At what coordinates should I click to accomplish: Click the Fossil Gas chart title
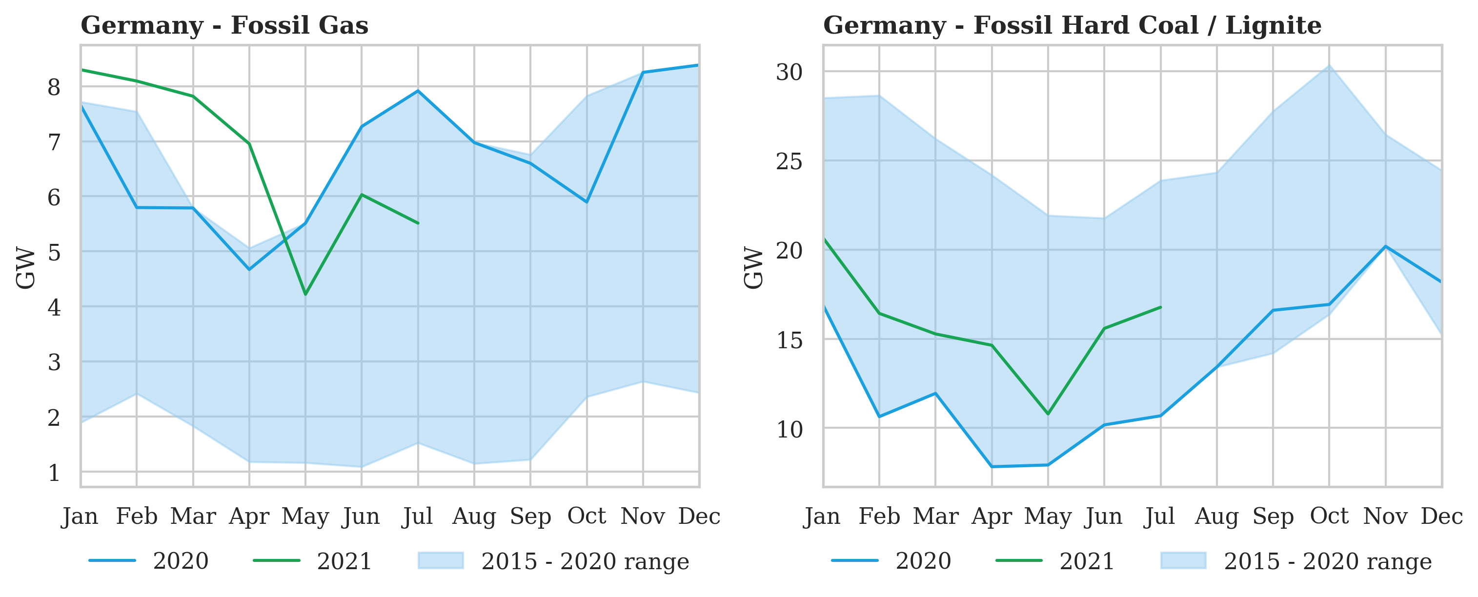(224, 26)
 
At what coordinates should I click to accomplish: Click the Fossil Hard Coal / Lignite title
(1072, 26)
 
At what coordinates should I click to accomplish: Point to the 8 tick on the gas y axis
(54, 87)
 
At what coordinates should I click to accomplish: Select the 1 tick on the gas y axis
(54, 473)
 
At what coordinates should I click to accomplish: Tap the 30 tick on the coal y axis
(789, 72)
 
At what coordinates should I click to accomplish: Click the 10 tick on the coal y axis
(789, 429)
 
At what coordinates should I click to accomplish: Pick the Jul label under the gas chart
(417, 517)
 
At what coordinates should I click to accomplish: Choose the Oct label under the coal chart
(1329, 517)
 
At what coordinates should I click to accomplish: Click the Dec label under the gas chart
(699, 517)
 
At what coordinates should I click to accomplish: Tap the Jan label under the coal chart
(822, 517)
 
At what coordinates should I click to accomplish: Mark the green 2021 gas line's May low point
(305, 294)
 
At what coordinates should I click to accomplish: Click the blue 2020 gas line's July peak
(418, 91)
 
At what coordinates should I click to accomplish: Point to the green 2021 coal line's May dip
(1048, 414)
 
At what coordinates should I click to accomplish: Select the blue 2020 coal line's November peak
(1386, 247)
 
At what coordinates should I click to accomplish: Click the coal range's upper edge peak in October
(1329, 65)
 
